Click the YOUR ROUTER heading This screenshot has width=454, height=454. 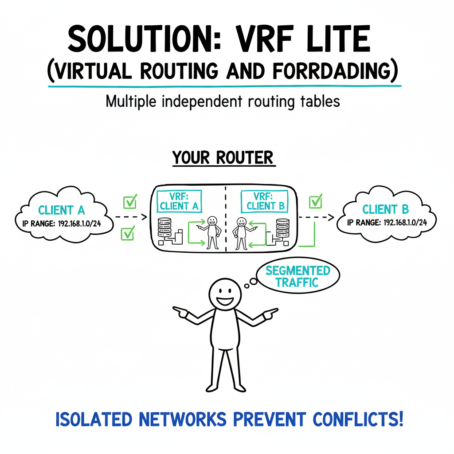coord(224,157)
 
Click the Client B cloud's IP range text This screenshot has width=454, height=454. coord(387,223)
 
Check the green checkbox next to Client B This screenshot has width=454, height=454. coord(315,201)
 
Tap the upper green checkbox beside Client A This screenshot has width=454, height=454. coord(129,202)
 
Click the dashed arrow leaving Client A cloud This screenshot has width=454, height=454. coord(130,217)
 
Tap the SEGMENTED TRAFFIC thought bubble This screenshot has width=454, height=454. coord(297,276)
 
